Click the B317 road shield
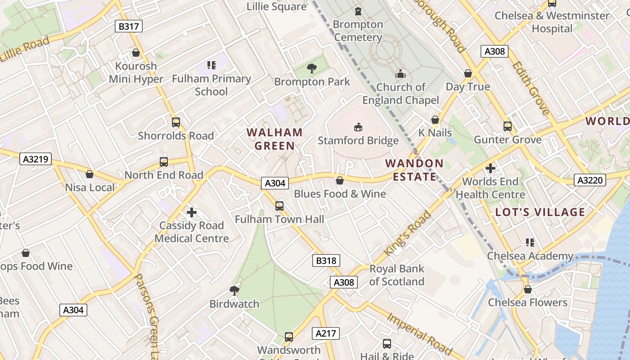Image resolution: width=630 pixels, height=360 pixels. (x=129, y=26)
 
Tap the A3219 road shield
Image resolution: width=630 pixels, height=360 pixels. (x=36, y=159)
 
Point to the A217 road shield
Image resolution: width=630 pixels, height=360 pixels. (x=326, y=333)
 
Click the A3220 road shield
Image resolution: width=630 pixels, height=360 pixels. (x=590, y=180)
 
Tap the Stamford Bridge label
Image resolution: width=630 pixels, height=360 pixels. (x=358, y=140)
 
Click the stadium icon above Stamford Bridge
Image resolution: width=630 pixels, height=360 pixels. (x=358, y=127)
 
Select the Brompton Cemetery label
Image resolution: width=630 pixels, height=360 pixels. (x=358, y=31)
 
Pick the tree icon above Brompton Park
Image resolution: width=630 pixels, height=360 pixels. (x=311, y=68)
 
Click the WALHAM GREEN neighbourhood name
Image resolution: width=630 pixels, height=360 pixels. (x=274, y=139)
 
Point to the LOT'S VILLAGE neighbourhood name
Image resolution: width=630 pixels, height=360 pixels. (x=540, y=212)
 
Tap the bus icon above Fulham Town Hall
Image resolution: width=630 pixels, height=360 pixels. (x=279, y=206)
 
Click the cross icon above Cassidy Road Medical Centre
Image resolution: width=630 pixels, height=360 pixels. (x=192, y=212)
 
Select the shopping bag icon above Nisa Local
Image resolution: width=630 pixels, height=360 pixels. (x=90, y=174)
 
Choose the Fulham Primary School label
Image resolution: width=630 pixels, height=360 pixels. (x=211, y=85)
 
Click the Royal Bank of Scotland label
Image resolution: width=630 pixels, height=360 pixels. (x=396, y=275)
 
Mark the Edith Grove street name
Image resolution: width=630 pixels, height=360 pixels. (x=531, y=88)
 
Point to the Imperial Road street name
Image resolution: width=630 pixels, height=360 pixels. (x=419, y=333)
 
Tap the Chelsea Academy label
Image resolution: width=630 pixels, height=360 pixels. (x=530, y=256)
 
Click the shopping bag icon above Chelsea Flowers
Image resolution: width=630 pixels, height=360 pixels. (x=527, y=289)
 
